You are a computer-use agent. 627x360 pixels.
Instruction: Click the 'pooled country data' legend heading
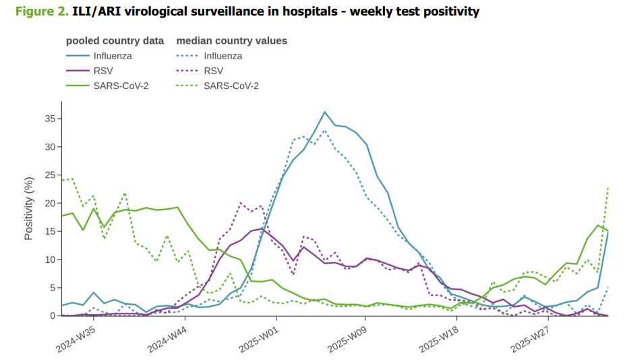click(x=115, y=40)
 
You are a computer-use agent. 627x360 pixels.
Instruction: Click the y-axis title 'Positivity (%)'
click(x=29, y=209)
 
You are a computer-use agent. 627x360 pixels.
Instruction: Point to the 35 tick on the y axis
click(x=50, y=119)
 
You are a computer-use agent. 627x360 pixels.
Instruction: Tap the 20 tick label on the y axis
click(x=50, y=203)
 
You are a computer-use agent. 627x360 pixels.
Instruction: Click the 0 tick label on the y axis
click(x=52, y=316)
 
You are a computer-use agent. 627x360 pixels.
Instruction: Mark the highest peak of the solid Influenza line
click(x=324, y=112)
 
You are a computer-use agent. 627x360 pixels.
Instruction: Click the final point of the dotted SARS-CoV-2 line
click(x=608, y=187)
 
